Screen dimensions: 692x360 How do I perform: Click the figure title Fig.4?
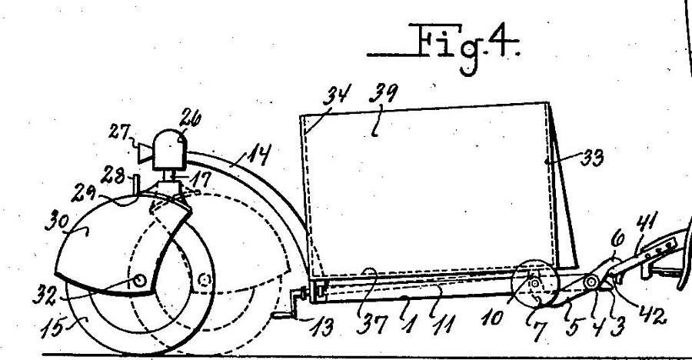(x=444, y=47)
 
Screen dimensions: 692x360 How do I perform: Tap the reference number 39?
(x=383, y=94)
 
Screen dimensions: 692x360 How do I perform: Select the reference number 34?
(x=339, y=96)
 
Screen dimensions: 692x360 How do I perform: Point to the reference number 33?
(x=591, y=158)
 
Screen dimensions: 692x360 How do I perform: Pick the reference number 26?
(x=190, y=118)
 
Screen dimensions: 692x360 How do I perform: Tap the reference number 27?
(x=119, y=132)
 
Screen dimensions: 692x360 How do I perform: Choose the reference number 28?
(x=113, y=176)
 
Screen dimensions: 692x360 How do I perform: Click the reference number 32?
(x=45, y=296)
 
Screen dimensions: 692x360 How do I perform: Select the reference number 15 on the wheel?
(x=52, y=328)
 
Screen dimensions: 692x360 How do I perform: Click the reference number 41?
(x=647, y=222)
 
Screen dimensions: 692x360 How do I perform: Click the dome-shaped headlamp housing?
(x=170, y=149)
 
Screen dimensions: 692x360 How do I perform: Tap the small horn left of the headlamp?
(x=145, y=153)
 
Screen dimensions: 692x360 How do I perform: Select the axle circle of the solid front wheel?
(x=139, y=280)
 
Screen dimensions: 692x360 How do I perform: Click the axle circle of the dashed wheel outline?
(x=204, y=279)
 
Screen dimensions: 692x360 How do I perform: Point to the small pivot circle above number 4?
(x=591, y=282)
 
